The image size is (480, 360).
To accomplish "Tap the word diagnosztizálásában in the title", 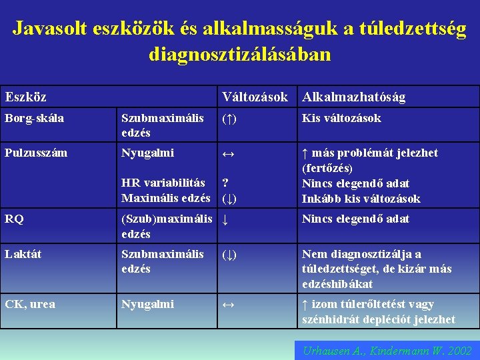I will click(239, 53).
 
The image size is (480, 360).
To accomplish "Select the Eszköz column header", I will click(26, 97).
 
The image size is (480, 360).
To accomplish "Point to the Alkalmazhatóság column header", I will click(353, 97).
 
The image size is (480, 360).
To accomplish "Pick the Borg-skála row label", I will click(35, 119).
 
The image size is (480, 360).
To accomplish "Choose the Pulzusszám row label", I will click(36, 153).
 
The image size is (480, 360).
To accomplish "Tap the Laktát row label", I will click(23, 254).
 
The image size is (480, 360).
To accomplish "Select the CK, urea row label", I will click(31, 305).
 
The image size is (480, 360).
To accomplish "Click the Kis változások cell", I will click(341, 119).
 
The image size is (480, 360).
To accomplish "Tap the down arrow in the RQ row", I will click(225, 219).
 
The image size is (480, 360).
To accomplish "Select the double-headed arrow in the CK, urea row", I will click(228, 305).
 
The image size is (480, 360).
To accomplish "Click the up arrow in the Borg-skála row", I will click(228, 119).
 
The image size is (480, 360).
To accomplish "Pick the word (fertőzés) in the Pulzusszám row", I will click(327, 169).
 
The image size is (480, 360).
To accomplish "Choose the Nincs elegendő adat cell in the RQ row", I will click(355, 219).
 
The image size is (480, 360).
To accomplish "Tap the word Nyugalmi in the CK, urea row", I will click(147, 305).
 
